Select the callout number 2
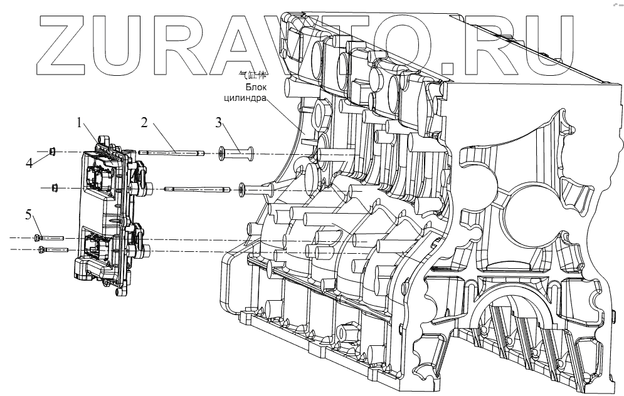(x=144, y=124)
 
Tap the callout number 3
(x=219, y=123)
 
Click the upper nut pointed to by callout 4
(x=54, y=151)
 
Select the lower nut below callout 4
(x=55, y=187)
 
